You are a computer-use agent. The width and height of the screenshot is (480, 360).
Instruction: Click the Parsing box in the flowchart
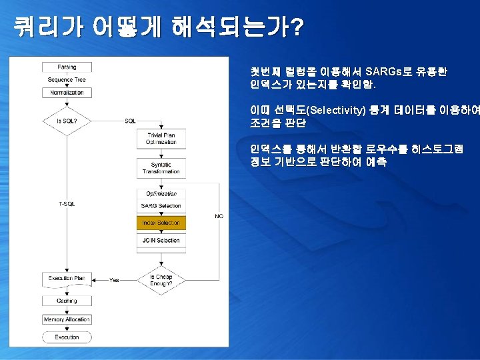tap(67, 67)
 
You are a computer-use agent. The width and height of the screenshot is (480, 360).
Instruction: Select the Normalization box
tap(67, 93)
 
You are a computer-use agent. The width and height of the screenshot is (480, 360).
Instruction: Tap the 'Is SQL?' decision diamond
tap(67, 121)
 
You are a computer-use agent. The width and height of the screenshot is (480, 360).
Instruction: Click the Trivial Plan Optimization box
tap(161, 139)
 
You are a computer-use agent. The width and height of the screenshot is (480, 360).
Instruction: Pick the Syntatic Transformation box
tap(161, 168)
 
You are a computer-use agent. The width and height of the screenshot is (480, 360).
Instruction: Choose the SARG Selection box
tap(161, 206)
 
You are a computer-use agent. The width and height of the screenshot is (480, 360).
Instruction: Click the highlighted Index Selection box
tap(161, 223)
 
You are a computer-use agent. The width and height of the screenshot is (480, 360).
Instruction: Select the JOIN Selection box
tap(161, 240)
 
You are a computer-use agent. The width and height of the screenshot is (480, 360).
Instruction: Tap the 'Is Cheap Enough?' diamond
tap(161, 280)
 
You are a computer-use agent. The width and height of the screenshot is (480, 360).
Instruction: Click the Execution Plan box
tap(67, 278)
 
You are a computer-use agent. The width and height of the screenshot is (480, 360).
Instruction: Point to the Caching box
tap(67, 301)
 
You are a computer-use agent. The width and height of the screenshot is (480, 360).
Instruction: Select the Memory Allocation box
tap(67, 319)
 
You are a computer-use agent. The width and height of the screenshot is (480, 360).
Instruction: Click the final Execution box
tap(67, 337)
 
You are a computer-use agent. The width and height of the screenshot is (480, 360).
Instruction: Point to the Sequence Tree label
tap(67, 80)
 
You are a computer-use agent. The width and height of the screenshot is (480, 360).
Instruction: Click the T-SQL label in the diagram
tap(67, 203)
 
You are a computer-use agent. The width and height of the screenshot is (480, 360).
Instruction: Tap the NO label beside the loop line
tap(219, 216)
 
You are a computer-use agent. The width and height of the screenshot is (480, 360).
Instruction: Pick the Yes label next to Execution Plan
tap(114, 280)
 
